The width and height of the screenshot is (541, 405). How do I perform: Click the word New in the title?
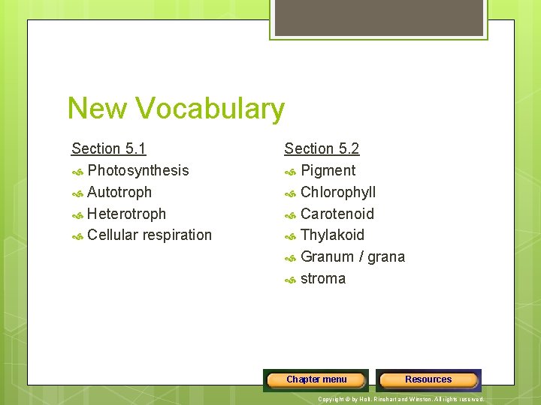[x=96, y=109]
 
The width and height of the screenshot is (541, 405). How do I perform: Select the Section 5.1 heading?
[x=108, y=148]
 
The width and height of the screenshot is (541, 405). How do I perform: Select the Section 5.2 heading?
[x=322, y=148]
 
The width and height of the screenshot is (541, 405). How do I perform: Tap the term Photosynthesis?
[x=138, y=170]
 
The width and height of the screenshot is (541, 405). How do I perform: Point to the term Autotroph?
[x=119, y=192]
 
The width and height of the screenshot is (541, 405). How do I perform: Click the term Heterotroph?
[x=126, y=214]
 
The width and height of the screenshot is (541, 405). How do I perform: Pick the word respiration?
[x=177, y=235]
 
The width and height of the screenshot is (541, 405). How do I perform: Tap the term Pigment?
[x=328, y=170]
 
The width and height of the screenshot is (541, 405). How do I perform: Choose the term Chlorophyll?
[x=338, y=192]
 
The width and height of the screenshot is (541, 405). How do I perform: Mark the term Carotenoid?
[x=337, y=214]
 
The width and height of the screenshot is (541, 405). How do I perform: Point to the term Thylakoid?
[x=332, y=235]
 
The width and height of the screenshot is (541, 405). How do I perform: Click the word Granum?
[x=327, y=257]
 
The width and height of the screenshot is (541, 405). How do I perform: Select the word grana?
[x=386, y=257]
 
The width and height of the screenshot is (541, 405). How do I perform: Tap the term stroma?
[x=323, y=279]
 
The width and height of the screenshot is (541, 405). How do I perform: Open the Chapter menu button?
[x=316, y=380]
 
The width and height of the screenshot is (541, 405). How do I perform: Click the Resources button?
[x=428, y=380]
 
